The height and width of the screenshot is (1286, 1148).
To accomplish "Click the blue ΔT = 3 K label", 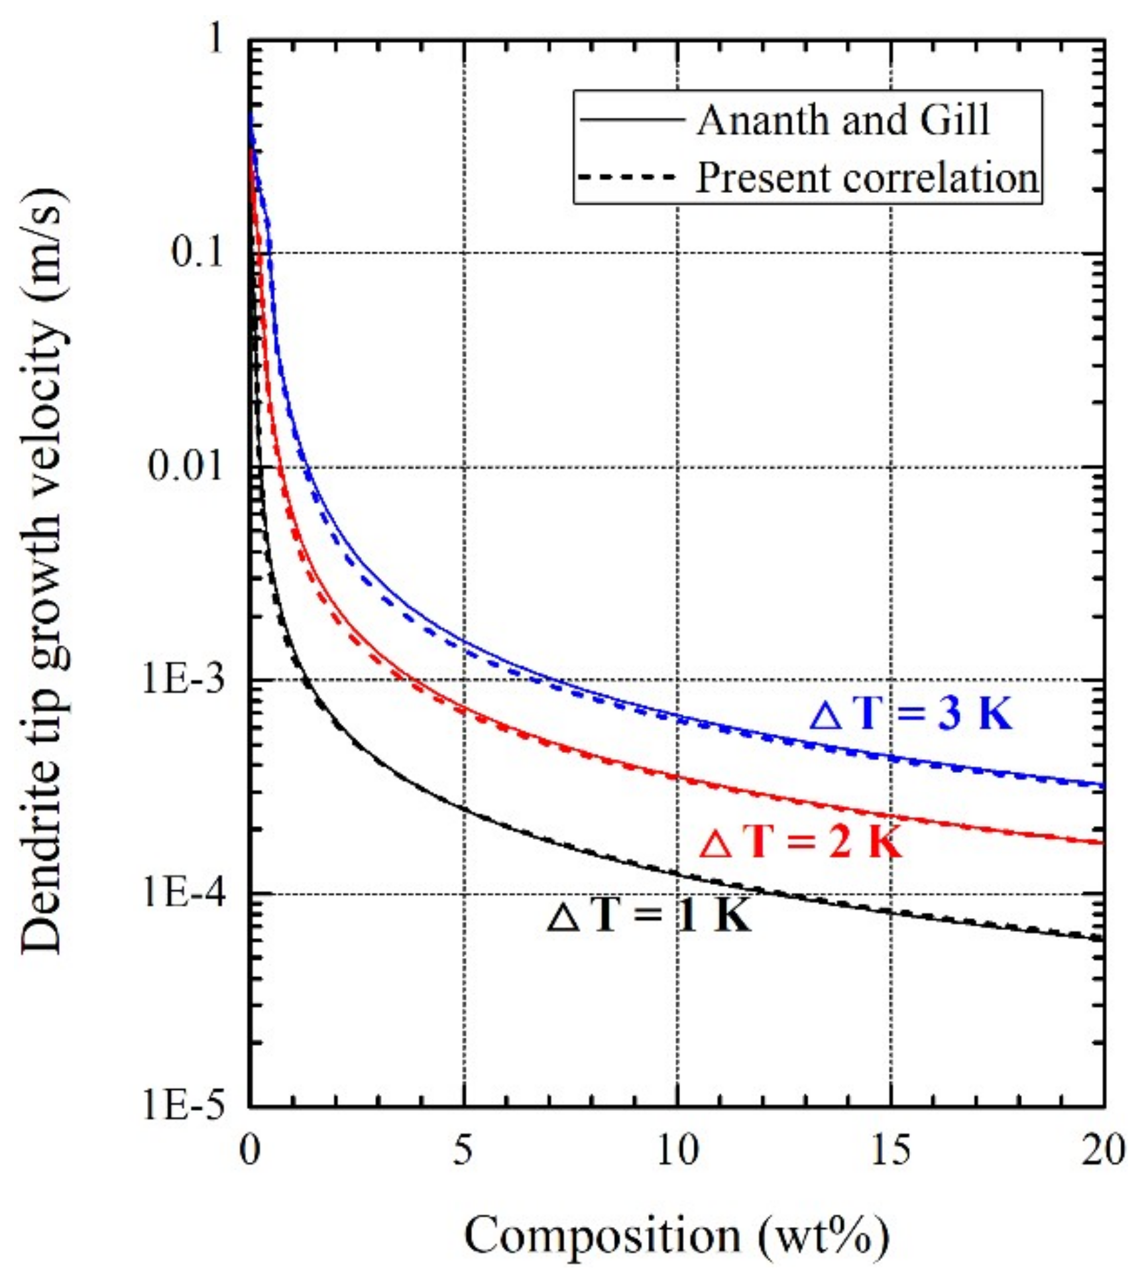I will click(x=911, y=715).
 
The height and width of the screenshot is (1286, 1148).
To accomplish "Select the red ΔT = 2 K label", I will click(x=801, y=843).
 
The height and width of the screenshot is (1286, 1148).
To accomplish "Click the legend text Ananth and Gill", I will click(x=843, y=121).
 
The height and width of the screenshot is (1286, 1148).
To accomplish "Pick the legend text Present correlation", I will click(x=867, y=178).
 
